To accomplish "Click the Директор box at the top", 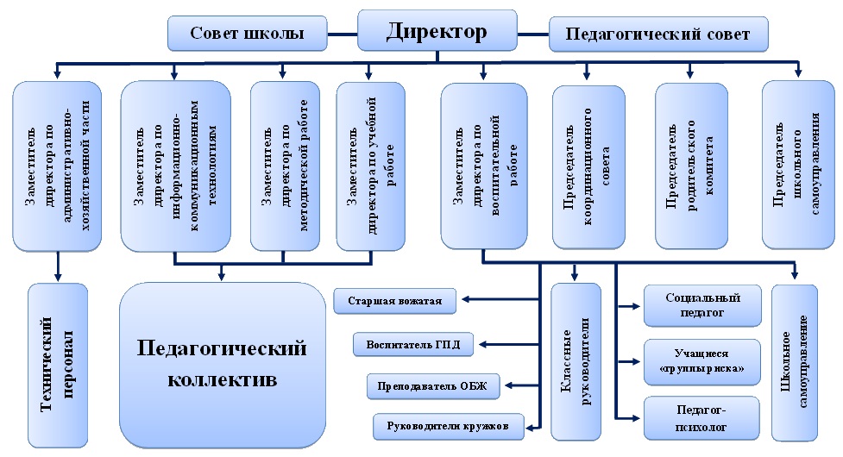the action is click(437, 30).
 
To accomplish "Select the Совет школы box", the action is click(248, 34).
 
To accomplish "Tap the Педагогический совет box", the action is click(658, 34).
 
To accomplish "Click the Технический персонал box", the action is click(58, 366).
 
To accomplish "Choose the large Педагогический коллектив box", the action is click(222, 365).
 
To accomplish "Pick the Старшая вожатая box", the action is click(394, 301).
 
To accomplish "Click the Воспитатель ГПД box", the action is click(413, 344).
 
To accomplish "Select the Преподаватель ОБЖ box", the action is click(433, 386).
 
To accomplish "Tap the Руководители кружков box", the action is click(448, 427).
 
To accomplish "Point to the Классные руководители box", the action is click(576, 361).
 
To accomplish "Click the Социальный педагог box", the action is click(702, 305).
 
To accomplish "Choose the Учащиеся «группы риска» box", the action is click(702, 362).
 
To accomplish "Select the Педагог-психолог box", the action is click(701, 418).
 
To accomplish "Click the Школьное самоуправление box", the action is click(795, 362).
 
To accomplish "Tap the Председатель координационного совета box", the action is click(588, 167).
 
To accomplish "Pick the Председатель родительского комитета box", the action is click(691, 166).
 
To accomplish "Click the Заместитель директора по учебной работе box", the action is click(370, 166).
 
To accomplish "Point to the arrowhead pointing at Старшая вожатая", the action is click(466, 299).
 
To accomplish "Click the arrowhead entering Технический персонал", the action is click(58, 277).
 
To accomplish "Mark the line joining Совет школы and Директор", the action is click(343, 34).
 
